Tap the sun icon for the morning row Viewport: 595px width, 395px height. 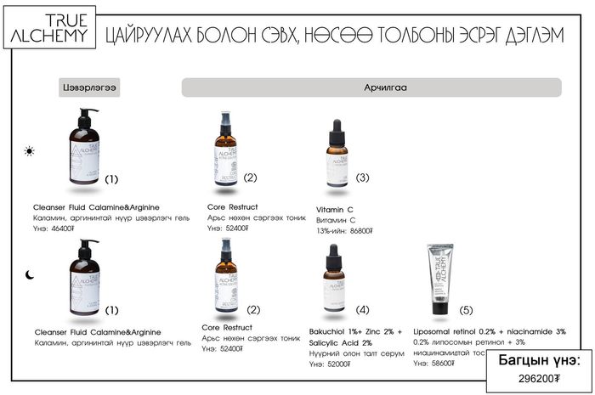click(30, 151)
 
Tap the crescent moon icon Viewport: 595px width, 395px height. click(30, 274)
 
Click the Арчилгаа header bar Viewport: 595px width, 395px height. click(371, 87)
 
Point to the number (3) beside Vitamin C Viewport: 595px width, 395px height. click(363, 178)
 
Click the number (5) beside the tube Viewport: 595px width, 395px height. click(467, 309)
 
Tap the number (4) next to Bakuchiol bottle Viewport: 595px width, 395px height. click(363, 309)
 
